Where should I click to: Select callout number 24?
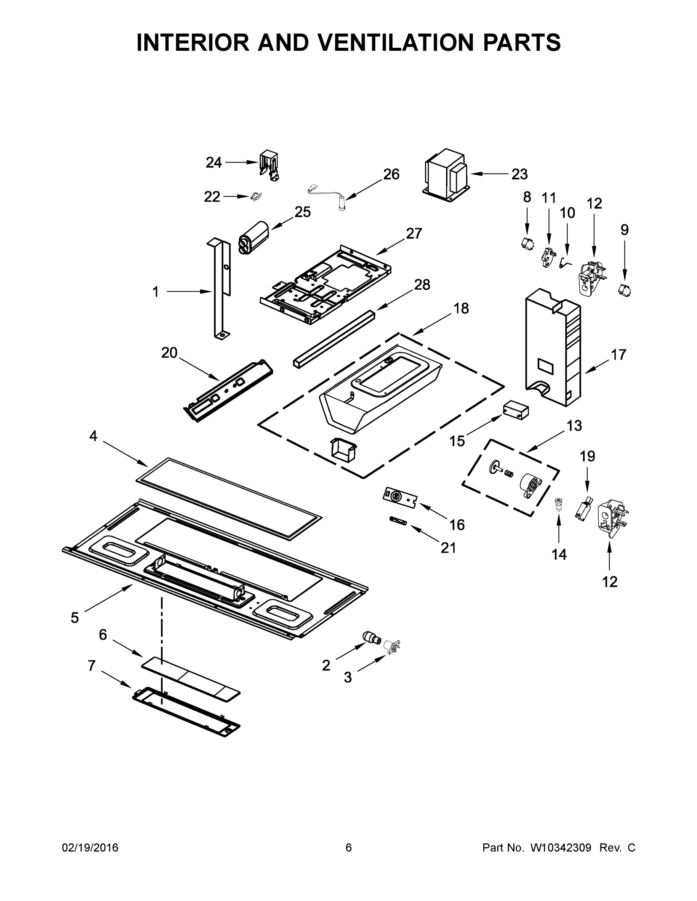[213, 163]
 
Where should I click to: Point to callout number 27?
[414, 234]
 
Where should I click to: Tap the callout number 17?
[618, 354]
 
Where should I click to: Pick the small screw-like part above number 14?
[558, 504]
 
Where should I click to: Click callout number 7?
[92, 666]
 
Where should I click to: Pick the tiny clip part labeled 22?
[256, 197]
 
